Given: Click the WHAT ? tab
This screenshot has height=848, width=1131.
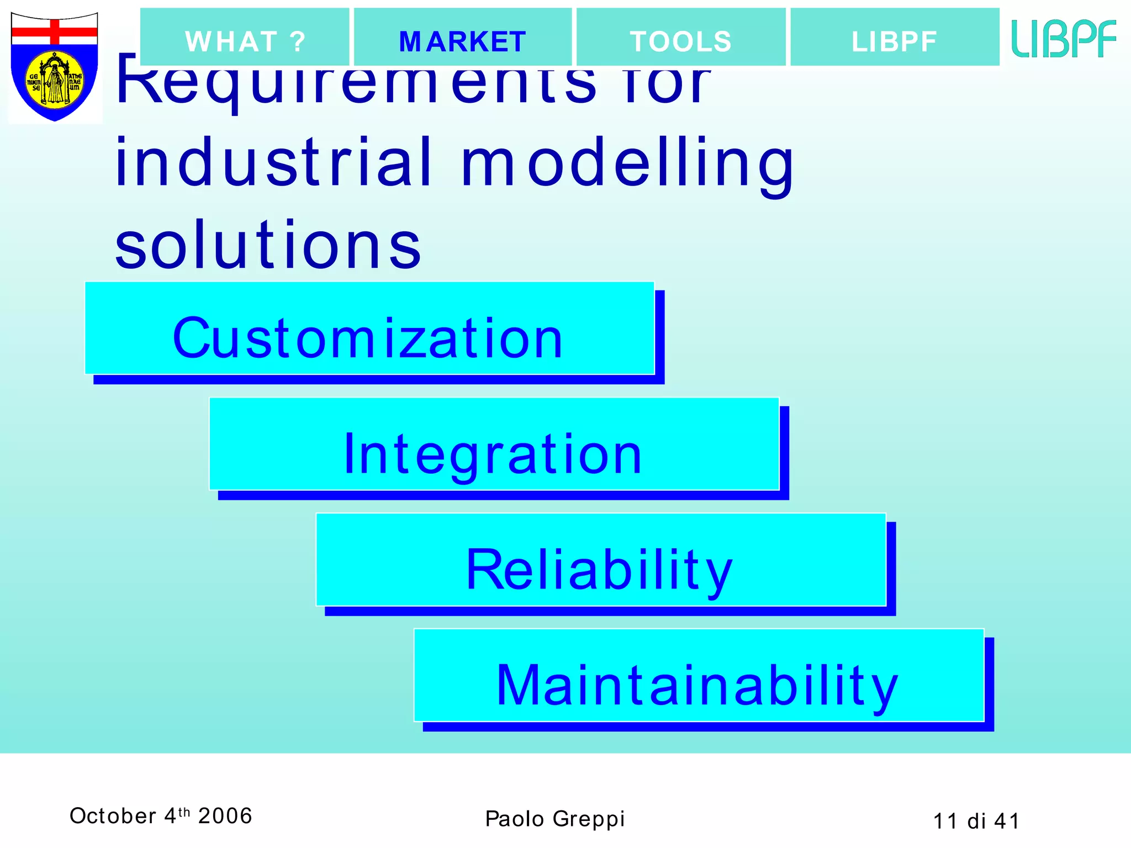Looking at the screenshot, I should coord(245,38).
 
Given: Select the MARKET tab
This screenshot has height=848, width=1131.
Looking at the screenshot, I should coord(462,38).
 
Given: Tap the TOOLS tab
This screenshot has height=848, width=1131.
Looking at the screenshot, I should coord(680,38).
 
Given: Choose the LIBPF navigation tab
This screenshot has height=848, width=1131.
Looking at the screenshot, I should coord(894,38).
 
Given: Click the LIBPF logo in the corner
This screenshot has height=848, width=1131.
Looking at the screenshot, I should coord(1064,39).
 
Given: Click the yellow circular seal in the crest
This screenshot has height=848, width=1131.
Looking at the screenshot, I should coord(55,80).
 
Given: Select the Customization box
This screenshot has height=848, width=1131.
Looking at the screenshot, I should coord(369,329).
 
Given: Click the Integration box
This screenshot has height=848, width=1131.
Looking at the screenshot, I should coord(493,444).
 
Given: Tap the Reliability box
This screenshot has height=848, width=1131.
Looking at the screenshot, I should coord(600,560).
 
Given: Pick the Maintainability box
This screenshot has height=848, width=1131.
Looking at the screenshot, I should coord(698,676).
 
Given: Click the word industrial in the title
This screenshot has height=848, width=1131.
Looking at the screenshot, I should coord(273,163).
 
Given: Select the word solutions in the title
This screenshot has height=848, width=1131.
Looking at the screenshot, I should coord(268,245).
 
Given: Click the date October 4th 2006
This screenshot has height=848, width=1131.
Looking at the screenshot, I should coord(161,816).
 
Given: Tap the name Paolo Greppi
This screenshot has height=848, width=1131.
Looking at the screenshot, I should coord(554,819).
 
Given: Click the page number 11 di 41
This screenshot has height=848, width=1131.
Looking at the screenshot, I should coord(976,821).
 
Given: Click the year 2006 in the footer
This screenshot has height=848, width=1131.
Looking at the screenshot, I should coord(225,816).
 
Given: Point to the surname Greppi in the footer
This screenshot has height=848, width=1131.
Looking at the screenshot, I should coord(589,819).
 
